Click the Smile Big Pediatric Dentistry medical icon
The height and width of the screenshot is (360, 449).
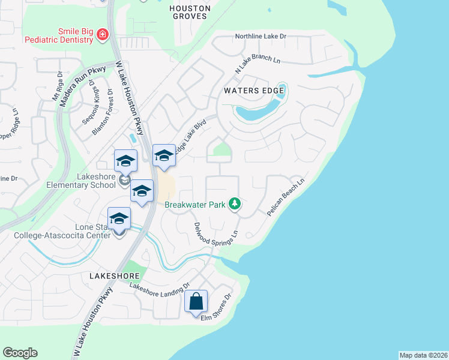(103, 35)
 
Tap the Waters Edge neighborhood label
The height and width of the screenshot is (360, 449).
(253, 91)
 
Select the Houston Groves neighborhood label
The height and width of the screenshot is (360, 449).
(190, 13)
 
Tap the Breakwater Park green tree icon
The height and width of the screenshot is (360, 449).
(235, 205)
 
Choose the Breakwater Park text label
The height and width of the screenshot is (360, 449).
(195, 205)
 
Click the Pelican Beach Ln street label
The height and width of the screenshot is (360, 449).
(286, 196)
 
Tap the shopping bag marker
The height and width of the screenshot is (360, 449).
(196, 302)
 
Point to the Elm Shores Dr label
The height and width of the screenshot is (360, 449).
(216, 310)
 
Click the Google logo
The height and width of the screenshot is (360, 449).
(20, 353)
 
